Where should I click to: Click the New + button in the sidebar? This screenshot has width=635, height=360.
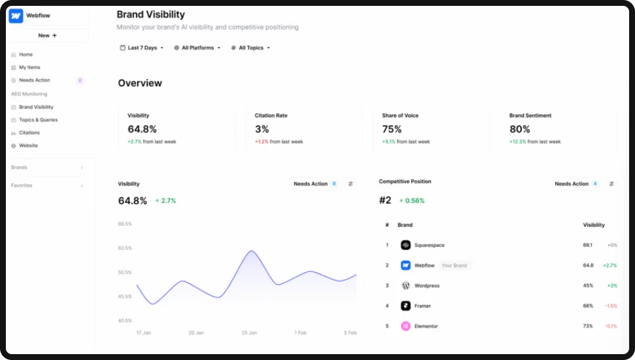point(48,35)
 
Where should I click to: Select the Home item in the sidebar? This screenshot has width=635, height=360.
point(25,55)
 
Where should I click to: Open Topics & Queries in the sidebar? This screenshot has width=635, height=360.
point(38,120)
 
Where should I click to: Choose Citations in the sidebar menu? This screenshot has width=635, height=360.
point(29,133)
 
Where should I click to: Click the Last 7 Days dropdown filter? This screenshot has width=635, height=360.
point(142,48)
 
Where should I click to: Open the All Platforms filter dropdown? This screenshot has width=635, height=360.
point(197,48)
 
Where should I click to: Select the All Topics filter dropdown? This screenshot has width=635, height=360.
point(250,48)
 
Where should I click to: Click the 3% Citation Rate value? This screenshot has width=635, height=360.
point(262,129)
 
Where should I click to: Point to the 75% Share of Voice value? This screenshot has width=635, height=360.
point(392,129)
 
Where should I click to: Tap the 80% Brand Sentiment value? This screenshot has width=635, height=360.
point(519,129)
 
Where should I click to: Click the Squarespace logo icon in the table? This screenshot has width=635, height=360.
point(405,245)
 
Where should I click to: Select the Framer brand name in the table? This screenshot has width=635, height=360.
point(422,306)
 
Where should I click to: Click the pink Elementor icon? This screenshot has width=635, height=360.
point(405,326)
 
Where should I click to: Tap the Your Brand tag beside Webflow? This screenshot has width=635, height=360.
point(454,265)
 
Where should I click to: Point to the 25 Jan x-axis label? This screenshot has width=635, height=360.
point(249,333)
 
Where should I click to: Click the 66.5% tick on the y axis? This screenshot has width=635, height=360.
point(125,224)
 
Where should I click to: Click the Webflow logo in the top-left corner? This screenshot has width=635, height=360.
point(16,16)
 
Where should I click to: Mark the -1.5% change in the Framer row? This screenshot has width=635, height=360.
point(611,306)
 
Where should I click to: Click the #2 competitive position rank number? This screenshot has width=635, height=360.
point(385,201)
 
